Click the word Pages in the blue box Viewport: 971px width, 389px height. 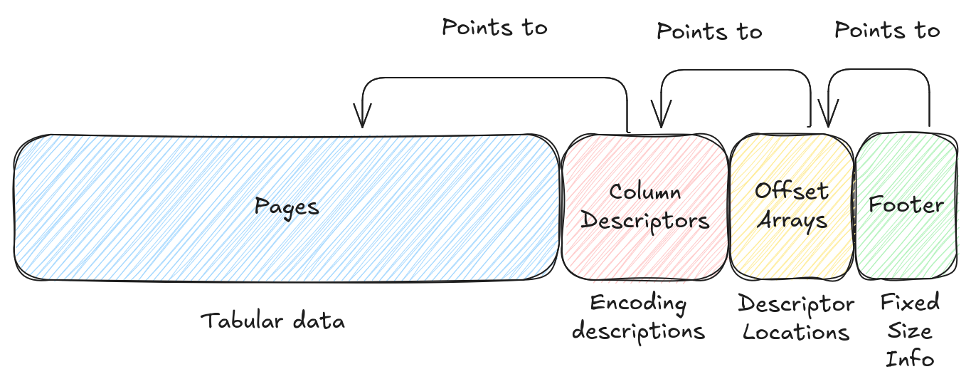pos(287,207)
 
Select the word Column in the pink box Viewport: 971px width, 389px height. pos(644,192)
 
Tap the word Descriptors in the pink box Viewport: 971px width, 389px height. pos(645,221)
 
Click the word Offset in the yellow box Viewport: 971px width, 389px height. pos(792,191)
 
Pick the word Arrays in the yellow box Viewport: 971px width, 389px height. pos(792,220)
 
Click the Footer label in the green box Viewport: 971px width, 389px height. pos(906,205)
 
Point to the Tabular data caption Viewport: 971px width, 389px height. pos(273,321)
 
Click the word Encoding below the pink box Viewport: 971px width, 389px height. pos(638,304)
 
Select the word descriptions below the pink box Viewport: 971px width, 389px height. pos(638,331)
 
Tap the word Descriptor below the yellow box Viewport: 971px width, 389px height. pos(796,304)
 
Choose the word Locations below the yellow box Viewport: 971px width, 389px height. pos(796,332)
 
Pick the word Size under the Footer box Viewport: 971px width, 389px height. pos(910,331)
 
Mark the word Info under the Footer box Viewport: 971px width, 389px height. pos(910,358)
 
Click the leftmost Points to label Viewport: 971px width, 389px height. pos(494,28)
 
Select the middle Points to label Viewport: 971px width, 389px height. pos(709,31)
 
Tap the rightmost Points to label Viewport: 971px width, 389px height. pos(887,30)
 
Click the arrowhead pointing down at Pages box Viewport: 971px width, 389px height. pos(363,118)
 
